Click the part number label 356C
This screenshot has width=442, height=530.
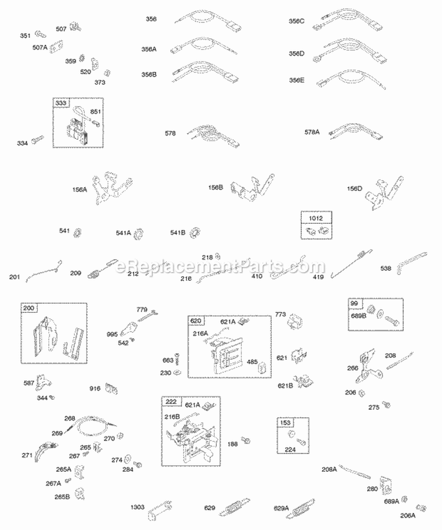[296, 21]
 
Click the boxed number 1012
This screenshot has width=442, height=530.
[316, 218]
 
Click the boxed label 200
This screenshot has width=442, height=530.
[29, 308]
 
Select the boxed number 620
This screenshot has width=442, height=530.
[196, 320]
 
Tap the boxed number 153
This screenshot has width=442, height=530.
[285, 422]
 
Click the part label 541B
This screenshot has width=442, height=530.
[177, 232]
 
